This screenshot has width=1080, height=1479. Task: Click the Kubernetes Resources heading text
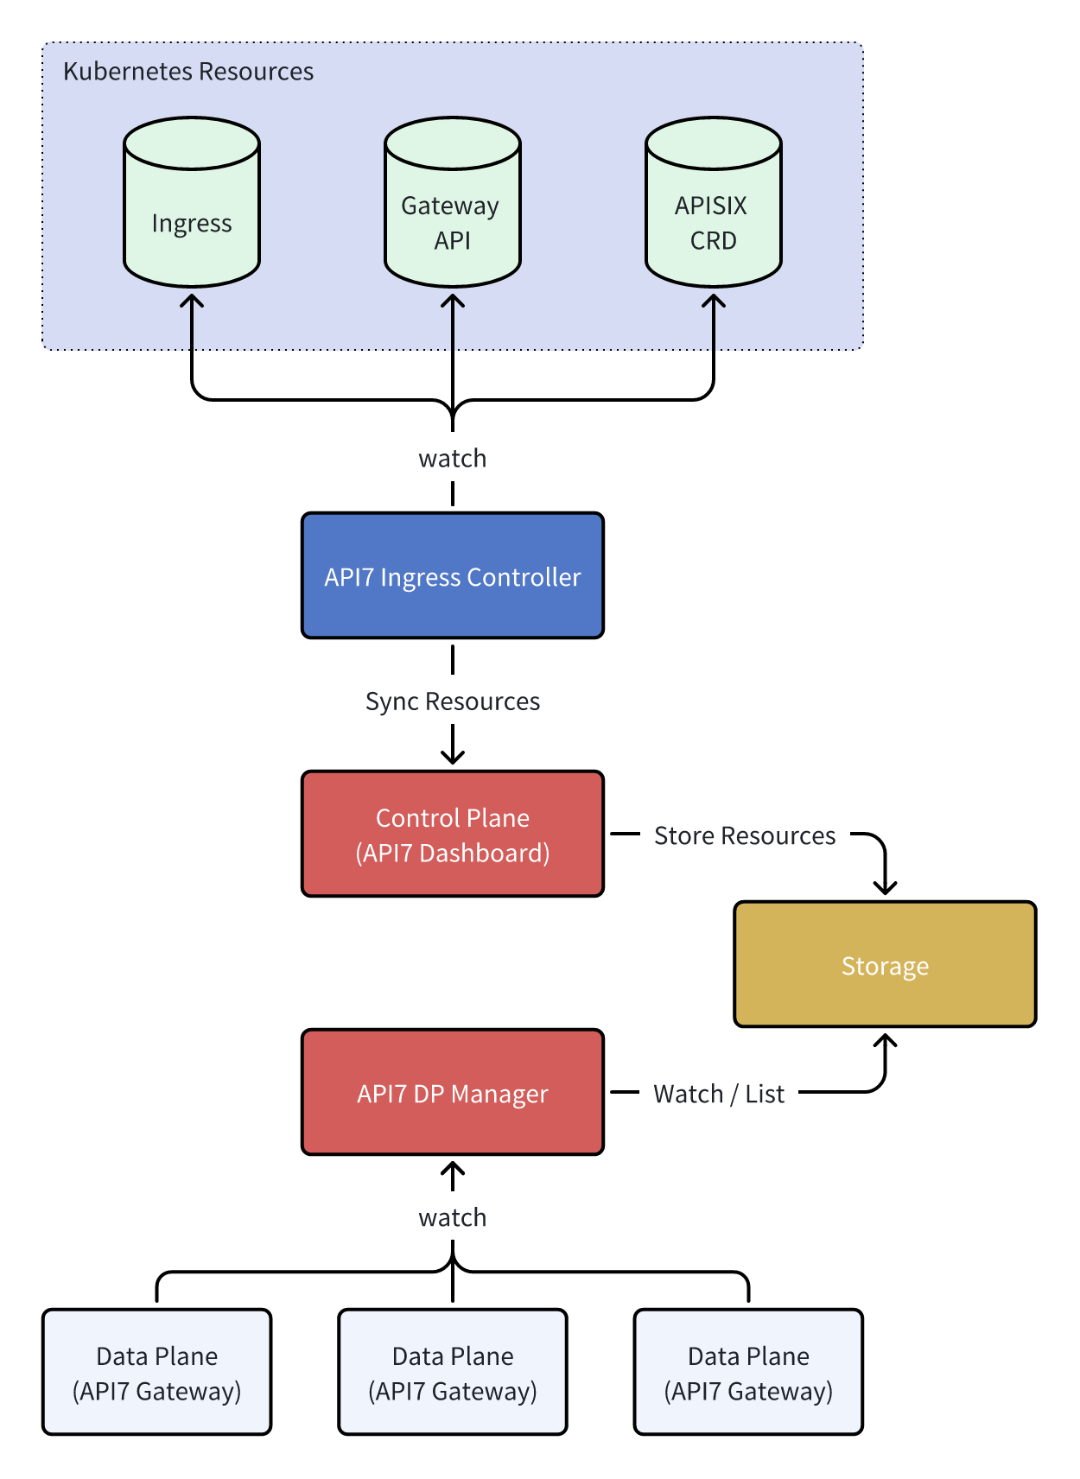click(x=188, y=71)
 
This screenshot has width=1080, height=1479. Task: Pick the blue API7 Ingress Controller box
click(x=452, y=575)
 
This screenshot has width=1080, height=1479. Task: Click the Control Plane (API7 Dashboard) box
click(x=452, y=834)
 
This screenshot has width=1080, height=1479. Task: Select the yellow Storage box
click(x=885, y=964)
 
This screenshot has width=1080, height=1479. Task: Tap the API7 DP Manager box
click(x=452, y=1092)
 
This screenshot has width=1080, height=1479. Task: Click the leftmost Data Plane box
click(x=156, y=1372)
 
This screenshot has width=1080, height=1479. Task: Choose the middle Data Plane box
click(x=452, y=1372)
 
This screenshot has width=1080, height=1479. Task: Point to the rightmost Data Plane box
click(x=748, y=1372)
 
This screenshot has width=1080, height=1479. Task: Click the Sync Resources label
click(x=452, y=701)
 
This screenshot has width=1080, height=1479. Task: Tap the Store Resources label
click(x=744, y=835)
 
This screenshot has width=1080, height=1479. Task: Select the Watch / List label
click(x=718, y=1094)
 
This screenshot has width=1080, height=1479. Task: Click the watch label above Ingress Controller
click(x=452, y=458)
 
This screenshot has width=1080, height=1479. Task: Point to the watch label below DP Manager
click(x=452, y=1217)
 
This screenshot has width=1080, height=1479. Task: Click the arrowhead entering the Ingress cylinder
click(x=192, y=300)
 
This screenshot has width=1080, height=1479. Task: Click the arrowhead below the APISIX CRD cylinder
click(x=713, y=300)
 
